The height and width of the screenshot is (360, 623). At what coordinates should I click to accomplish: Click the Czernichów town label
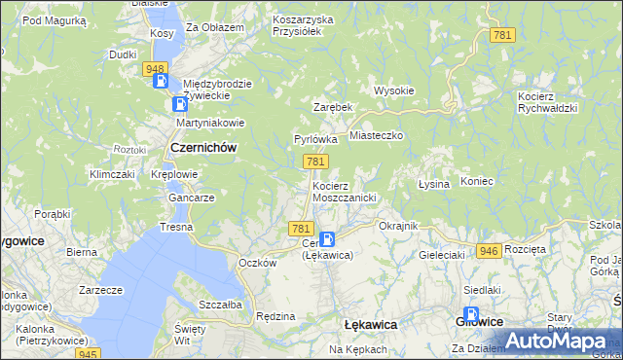coord(203,147)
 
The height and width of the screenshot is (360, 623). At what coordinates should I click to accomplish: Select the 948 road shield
coord(153,68)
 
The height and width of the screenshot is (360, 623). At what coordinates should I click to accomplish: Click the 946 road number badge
coord(489,251)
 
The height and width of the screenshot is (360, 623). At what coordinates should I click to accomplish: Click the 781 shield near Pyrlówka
coord(314,161)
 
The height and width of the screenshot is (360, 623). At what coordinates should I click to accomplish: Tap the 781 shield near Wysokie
coord(502,35)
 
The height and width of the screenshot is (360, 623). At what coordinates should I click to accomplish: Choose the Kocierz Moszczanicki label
coord(344,191)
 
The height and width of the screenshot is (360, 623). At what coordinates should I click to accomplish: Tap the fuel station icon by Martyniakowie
coord(180,104)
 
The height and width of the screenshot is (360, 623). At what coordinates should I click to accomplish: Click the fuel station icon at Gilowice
coord(471,316)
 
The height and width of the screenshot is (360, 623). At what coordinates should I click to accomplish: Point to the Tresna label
coord(177,227)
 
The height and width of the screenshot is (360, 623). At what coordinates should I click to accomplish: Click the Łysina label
coord(433,183)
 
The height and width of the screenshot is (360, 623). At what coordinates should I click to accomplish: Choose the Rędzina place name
coord(275,316)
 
